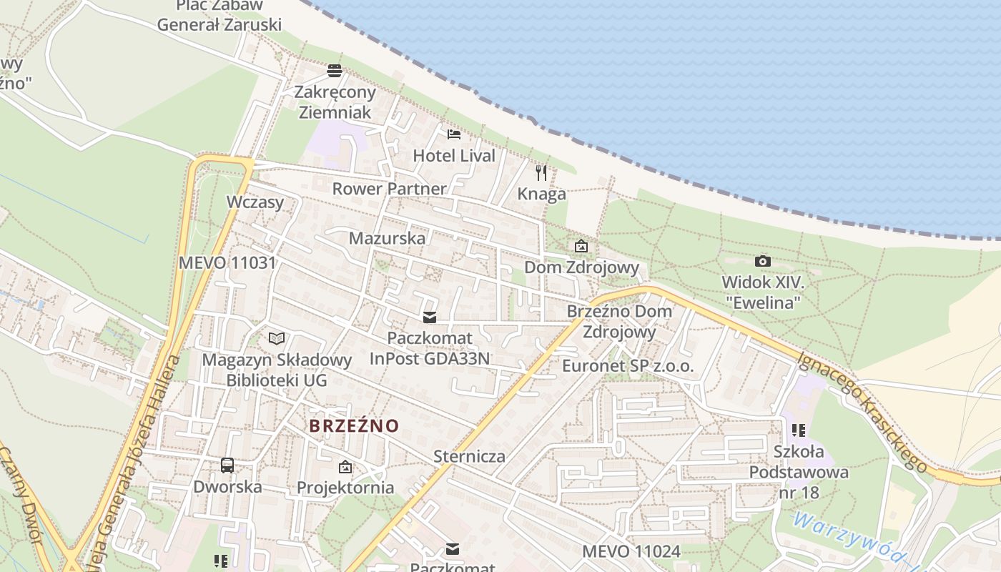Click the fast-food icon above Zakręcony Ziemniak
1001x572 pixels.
tap(334, 71)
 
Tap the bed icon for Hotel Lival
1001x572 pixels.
tap(454, 134)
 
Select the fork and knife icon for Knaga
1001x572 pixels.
tap(541, 172)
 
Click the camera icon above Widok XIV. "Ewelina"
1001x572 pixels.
tap(763, 262)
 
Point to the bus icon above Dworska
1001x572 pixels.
tap(227, 465)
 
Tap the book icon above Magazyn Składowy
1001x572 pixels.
tap(277, 338)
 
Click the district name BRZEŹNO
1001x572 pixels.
tap(354, 426)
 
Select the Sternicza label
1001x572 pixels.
tap(469, 456)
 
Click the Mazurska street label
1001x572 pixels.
tap(387, 238)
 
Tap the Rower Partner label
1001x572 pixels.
tap(389, 189)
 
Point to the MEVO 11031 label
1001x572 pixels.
tap(227, 262)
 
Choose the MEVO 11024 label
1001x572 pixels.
tap(631, 551)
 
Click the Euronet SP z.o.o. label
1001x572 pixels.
tap(628, 366)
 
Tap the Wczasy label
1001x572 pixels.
tap(255, 202)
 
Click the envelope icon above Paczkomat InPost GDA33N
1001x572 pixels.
tap(430, 317)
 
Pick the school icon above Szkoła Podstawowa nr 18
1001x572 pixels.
tap(799, 430)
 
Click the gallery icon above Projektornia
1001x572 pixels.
tap(345, 468)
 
